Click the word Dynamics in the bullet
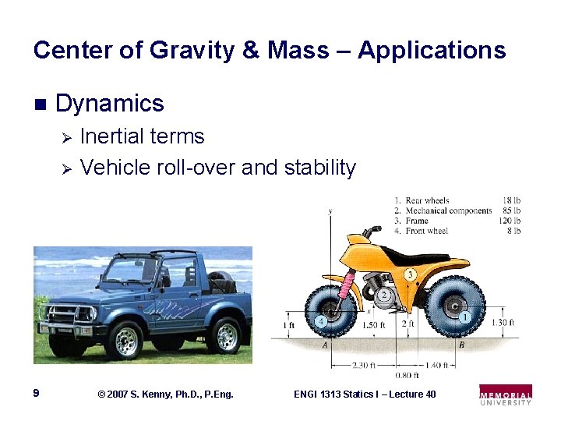110,104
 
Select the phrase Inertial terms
142,136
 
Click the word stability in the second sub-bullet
320,168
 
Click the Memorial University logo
506,394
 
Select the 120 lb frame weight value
510,221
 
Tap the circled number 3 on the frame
410,274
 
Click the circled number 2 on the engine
384,295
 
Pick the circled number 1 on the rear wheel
466,317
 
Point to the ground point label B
461,345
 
